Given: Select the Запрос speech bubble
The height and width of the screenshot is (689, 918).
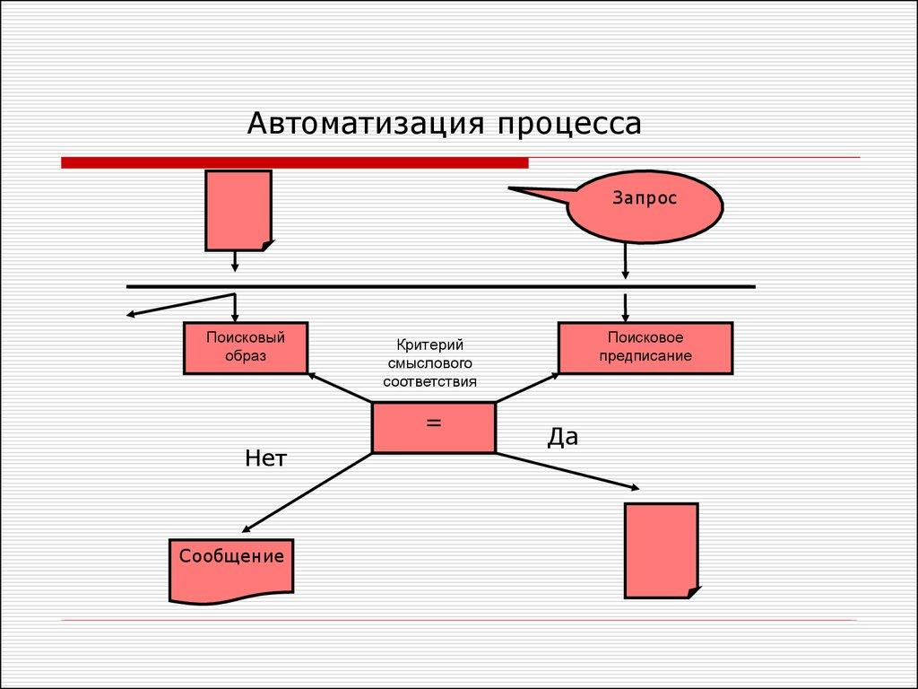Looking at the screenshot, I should coord(645,206).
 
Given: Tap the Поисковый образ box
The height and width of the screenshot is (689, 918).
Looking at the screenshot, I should coord(246,347).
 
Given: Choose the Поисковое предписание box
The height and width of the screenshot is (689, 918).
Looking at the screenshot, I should coord(645,347).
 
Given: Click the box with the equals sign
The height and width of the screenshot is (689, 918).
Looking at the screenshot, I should coord(434,427).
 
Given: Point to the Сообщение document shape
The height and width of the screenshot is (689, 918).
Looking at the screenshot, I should coord(231,569).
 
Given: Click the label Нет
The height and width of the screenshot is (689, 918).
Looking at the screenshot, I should coord(265,459).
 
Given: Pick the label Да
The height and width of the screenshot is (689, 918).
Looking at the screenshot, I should coord(563,437).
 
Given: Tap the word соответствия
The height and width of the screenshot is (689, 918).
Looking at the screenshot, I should coord(429,380).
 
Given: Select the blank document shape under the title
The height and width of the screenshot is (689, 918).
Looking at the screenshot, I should coord(238,210).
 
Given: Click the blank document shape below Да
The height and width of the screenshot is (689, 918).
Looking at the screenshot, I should coord(661,549).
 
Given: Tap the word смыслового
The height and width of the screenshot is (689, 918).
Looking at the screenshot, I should coord(429,363).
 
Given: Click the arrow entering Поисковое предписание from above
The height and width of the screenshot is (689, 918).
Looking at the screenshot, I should coord(625,307).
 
